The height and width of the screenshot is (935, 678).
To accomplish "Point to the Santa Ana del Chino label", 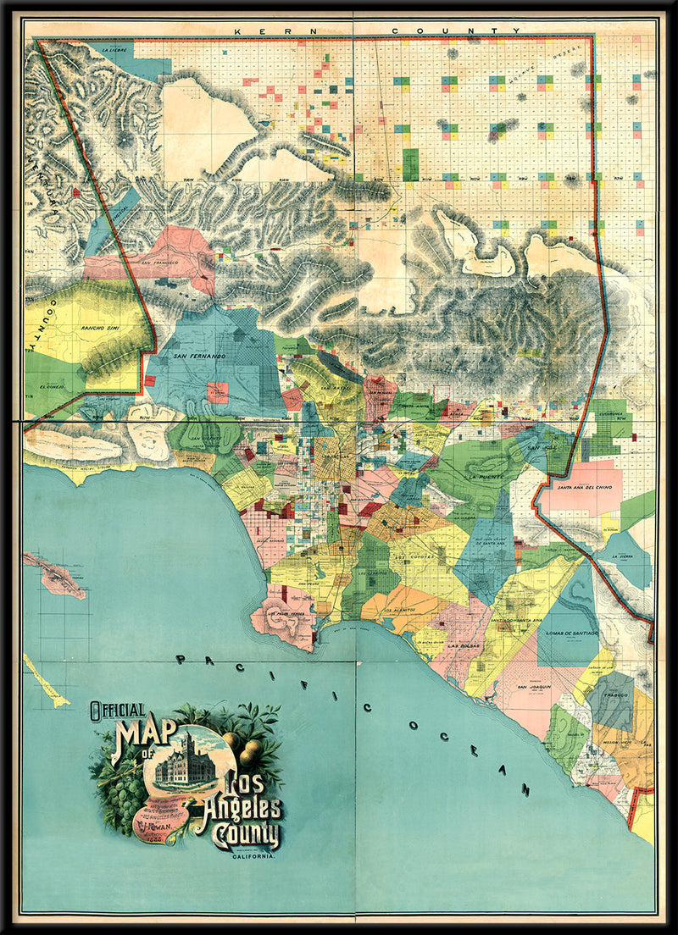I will (583, 488).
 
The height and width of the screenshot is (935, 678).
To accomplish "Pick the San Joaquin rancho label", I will (535, 686).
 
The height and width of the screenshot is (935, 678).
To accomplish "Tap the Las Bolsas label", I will (464, 648).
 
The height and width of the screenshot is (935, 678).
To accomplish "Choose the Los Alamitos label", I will (400, 611).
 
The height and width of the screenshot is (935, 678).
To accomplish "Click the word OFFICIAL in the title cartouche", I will (118, 711).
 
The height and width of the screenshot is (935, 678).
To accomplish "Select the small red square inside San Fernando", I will (218, 392).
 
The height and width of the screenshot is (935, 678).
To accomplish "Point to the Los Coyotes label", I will (415, 558).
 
